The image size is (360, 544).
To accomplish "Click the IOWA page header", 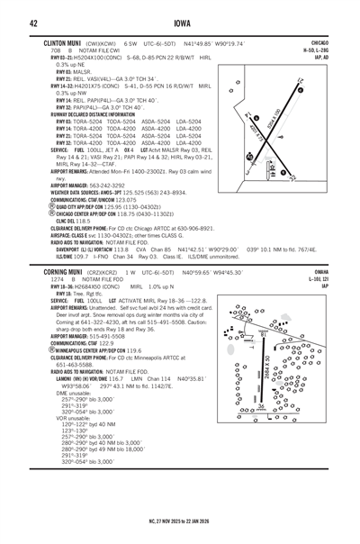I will click(x=180, y=23).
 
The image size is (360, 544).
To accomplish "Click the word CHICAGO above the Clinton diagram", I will click(x=318, y=42).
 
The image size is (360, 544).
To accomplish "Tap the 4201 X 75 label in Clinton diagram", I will click(x=260, y=136).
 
